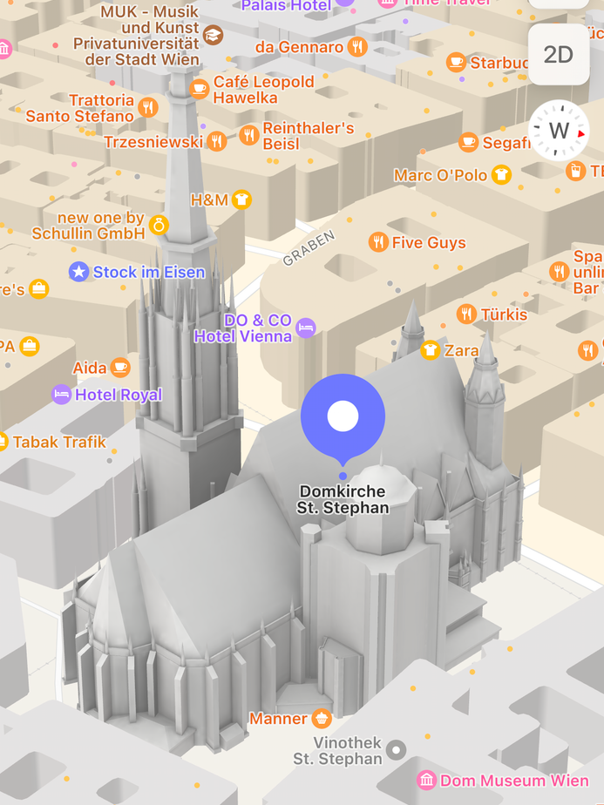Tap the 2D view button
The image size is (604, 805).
click(x=558, y=55)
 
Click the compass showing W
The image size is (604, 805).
click(x=559, y=131)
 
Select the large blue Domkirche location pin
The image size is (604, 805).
click(x=343, y=416)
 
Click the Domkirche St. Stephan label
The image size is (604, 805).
click(x=343, y=499)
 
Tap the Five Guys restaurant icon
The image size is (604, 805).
click(x=378, y=242)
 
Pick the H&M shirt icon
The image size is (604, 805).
click(x=241, y=200)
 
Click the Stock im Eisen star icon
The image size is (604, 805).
click(x=79, y=272)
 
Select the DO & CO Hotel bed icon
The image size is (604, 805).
click(x=305, y=328)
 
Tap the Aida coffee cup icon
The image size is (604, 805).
click(x=120, y=368)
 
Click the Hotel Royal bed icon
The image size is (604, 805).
click(x=61, y=395)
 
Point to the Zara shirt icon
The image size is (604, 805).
click(x=430, y=350)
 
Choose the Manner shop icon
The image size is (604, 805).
click(x=322, y=719)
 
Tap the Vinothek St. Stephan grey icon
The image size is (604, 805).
click(x=397, y=749)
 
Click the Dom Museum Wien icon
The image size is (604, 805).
click(x=426, y=780)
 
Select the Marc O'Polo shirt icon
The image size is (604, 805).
click(x=500, y=175)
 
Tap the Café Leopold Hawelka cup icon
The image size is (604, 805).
click(x=200, y=89)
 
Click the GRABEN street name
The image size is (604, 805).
click(x=309, y=248)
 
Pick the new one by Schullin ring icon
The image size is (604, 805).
click(x=159, y=225)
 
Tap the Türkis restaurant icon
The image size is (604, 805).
click(x=466, y=314)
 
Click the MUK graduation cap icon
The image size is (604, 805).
click(x=214, y=36)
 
